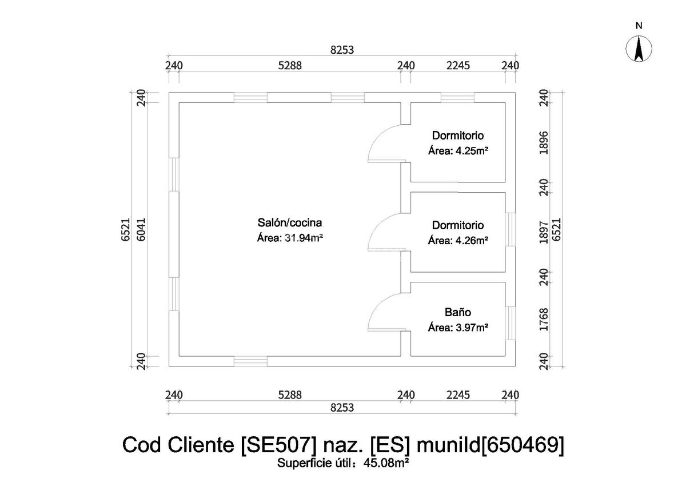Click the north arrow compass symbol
click(639, 49)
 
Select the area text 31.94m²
click(304, 238)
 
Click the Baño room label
click(457, 312)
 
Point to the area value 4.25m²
click(470, 151)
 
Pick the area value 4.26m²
click(470, 241)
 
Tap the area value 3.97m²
click(470, 328)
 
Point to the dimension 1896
click(544, 142)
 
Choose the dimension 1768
click(544, 320)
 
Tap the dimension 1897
click(544, 232)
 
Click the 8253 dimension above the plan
click(342, 50)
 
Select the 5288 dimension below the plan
click(290, 395)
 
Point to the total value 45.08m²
click(386, 463)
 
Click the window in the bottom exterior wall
click(250, 361)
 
